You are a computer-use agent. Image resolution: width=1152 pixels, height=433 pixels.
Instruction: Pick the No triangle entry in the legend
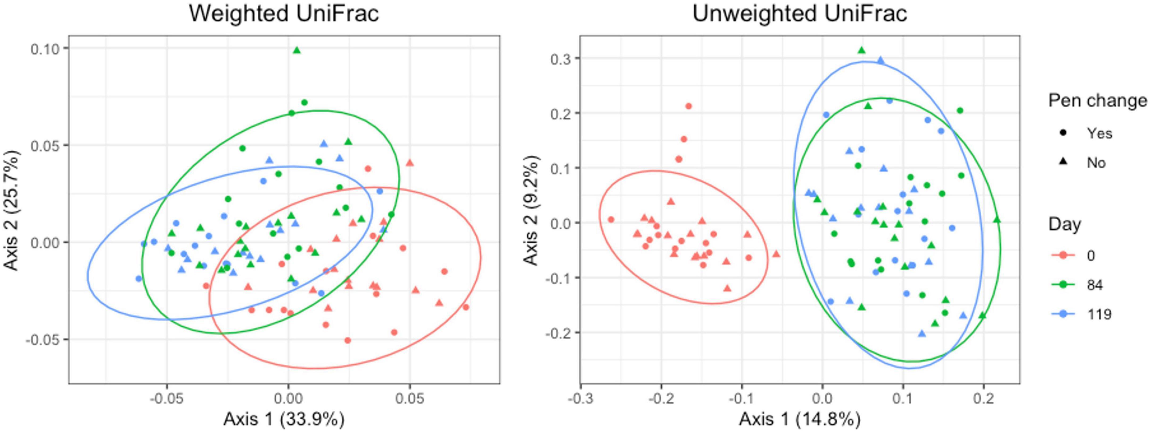(1096, 163)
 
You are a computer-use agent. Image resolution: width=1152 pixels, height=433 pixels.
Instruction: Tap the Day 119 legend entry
(1098, 314)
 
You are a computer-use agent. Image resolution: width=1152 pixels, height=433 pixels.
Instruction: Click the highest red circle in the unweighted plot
(689, 106)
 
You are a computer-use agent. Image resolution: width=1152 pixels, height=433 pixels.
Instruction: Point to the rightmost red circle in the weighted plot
(466, 307)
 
